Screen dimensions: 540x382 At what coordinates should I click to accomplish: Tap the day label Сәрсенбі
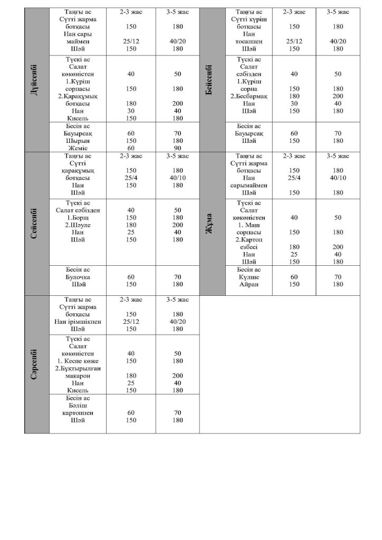36,364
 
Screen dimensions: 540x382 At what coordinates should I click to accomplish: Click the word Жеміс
77,149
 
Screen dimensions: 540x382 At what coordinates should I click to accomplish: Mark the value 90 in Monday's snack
177,149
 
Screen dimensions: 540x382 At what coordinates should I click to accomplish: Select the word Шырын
77,141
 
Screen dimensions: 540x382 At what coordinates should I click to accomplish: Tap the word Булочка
78,277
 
